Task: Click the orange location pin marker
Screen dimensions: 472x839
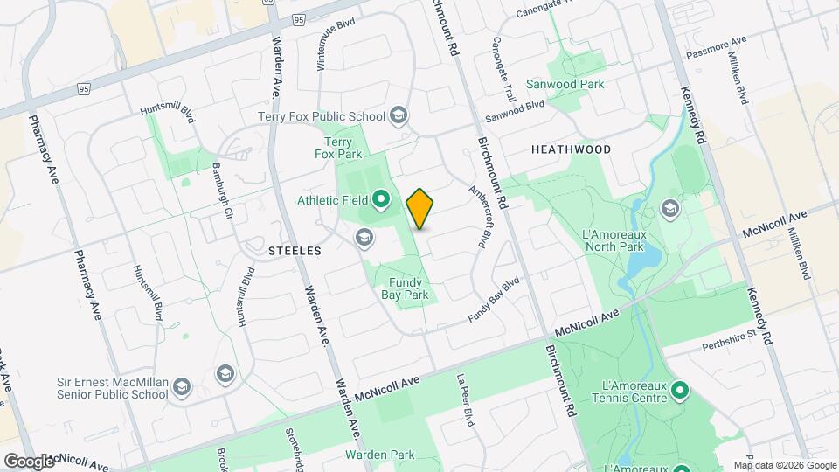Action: tap(420, 209)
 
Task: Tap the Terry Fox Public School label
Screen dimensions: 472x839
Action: tap(322, 116)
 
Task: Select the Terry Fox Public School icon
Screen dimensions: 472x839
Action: tap(399, 115)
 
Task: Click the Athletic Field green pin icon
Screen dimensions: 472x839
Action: tap(381, 200)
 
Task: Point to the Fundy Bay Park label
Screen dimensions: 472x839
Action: tap(405, 288)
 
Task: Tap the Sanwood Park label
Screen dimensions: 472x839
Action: tap(565, 85)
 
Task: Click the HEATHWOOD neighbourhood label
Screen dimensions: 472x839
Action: tap(572, 149)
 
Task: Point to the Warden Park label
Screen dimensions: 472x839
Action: tap(379, 455)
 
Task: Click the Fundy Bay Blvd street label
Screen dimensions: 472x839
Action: tap(494, 301)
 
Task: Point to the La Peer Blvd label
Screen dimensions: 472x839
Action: tap(466, 399)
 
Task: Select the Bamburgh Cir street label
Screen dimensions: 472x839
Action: tap(222, 187)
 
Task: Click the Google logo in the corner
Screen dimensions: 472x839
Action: tap(30, 461)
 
